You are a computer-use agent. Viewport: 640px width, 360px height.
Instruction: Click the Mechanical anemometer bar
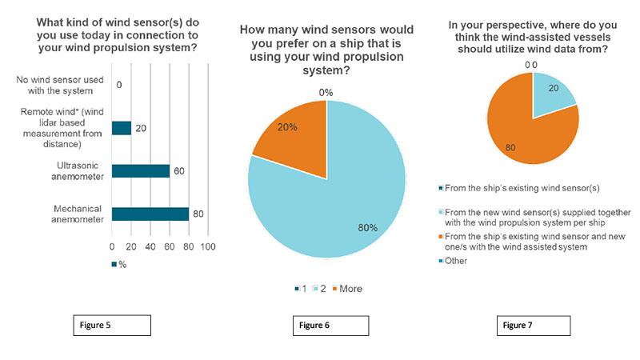tap(150, 214)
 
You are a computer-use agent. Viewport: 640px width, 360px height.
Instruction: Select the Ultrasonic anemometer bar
tap(141, 170)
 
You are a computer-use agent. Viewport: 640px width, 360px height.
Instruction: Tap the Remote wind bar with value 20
tap(122, 128)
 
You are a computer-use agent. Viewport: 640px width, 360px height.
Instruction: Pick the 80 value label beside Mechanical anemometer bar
tap(198, 214)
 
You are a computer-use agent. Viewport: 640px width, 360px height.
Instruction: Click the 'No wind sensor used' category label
tap(61, 83)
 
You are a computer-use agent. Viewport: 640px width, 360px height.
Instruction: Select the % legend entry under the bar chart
tap(120, 265)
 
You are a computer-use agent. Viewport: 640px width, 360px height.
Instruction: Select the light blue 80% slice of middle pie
tap(336, 200)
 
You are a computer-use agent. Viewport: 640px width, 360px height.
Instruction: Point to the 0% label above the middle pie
tap(326, 93)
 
